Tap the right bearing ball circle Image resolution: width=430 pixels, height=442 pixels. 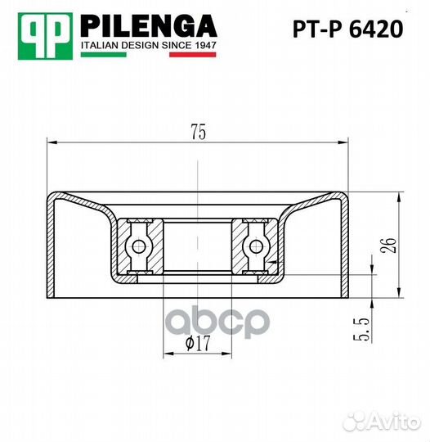pos(257,246)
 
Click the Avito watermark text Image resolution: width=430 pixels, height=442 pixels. pos(392,421)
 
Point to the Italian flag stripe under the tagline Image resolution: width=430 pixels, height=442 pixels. pos(103,56)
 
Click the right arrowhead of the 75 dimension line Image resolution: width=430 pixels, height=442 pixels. pos(347,142)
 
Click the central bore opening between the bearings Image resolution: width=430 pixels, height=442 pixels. pos(198,246)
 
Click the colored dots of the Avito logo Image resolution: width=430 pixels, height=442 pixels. pos(353,421)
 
